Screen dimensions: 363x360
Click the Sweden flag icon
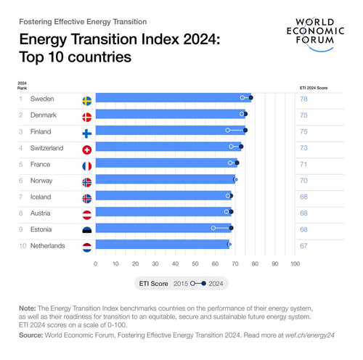click(x=87, y=101)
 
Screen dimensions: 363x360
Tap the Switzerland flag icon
click(x=87, y=150)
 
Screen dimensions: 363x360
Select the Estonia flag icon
click(x=87, y=232)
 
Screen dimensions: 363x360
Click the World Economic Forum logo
click(x=315, y=34)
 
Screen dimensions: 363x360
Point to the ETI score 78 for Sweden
click(x=303, y=99)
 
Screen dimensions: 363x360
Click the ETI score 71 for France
click(x=303, y=164)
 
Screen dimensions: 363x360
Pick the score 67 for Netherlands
click(x=303, y=246)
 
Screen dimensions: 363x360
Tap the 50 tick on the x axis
click(x=195, y=263)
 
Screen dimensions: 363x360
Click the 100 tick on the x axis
click(x=295, y=263)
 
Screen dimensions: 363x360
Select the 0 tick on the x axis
click(x=95, y=263)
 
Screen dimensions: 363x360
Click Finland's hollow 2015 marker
click(x=228, y=130)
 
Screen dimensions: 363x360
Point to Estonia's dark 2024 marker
click(x=231, y=228)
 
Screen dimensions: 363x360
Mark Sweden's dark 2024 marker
click(x=251, y=98)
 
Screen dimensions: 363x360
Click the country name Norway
click(x=41, y=181)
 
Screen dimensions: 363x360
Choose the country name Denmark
click(x=44, y=115)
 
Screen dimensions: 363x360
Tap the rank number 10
click(x=23, y=246)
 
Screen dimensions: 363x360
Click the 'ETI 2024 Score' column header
click(x=314, y=88)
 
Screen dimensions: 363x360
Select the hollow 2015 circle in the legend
click(x=192, y=283)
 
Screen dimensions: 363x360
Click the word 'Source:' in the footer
click(x=31, y=335)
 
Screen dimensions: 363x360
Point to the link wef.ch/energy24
click(x=310, y=335)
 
